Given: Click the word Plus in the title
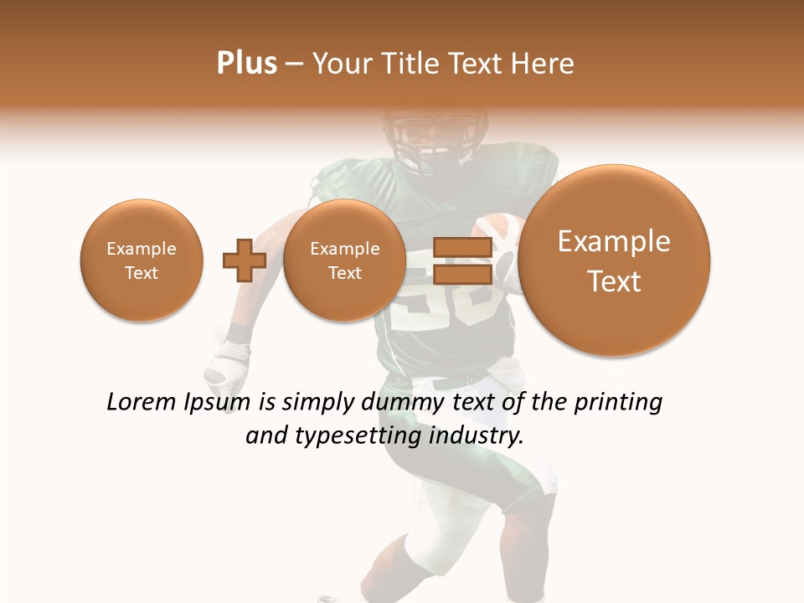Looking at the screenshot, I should pyautogui.click(x=246, y=64).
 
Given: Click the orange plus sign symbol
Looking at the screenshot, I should pyautogui.click(x=244, y=260).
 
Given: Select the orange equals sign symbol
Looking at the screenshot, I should pyautogui.click(x=461, y=260).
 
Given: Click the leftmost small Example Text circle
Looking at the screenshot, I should pyautogui.click(x=142, y=260).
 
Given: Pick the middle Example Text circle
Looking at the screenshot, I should pyautogui.click(x=344, y=260).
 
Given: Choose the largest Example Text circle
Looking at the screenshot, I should pyautogui.click(x=614, y=260).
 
